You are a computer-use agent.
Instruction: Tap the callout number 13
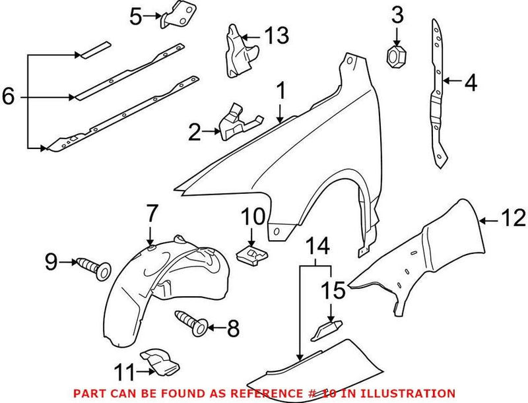pyautogui.click(x=277, y=36)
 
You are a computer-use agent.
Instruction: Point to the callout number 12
pyautogui.click(x=513, y=217)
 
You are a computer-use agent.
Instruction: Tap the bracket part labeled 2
pyautogui.click(x=234, y=123)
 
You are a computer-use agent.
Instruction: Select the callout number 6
pyautogui.click(x=9, y=97)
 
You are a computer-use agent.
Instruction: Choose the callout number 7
pyautogui.click(x=152, y=214)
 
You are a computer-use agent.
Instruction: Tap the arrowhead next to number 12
pyautogui.click(x=484, y=219)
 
